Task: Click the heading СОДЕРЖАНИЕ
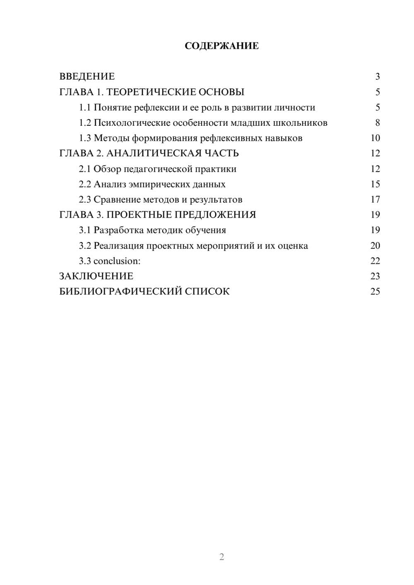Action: (221, 46)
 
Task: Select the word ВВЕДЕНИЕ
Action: (87, 77)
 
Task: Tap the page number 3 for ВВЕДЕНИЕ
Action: (377, 77)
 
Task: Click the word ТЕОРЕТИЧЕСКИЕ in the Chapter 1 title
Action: (148, 92)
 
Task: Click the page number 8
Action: (377, 123)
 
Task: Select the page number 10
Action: (375, 138)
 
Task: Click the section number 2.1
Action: (85, 169)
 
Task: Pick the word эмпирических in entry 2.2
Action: (156, 184)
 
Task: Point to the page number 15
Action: (375, 184)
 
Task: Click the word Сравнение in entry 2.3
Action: (117, 200)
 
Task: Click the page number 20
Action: (375, 246)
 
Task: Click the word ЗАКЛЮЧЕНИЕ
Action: (96, 276)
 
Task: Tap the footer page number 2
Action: (221, 557)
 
